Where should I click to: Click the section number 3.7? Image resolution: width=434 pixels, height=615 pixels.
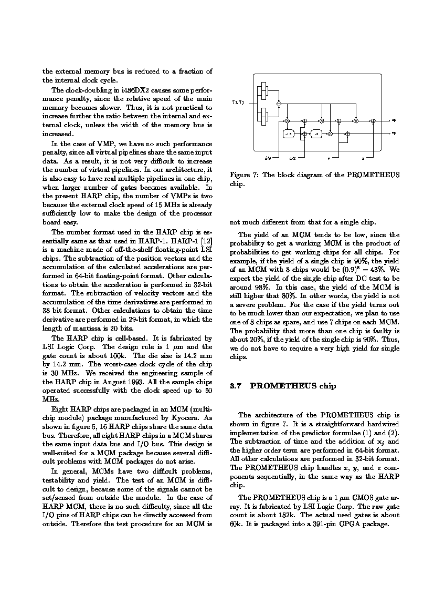pyautogui.click(x=235, y=386)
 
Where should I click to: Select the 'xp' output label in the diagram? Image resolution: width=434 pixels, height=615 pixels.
pyautogui.click(x=394, y=120)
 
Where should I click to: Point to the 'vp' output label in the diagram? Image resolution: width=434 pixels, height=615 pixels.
pyautogui.click(x=394, y=134)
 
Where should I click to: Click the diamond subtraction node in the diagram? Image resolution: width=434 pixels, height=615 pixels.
pyautogui.click(x=279, y=104)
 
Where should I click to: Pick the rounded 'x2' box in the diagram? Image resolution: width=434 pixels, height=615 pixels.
pyautogui.click(x=316, y=134)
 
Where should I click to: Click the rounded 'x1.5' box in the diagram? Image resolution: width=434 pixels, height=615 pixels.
pyautogui.click(x=288, y=134)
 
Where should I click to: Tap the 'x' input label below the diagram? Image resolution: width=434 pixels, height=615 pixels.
pyautogui.click(x=363, y=158)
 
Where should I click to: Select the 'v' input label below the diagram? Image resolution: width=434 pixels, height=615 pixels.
pyautogui.click(x=329, y=158)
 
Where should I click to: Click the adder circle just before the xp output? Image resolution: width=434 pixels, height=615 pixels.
pyautogui.click(x=373, y=121)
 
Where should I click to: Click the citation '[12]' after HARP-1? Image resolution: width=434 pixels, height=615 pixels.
pyautogui.click(x=206, y=241)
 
